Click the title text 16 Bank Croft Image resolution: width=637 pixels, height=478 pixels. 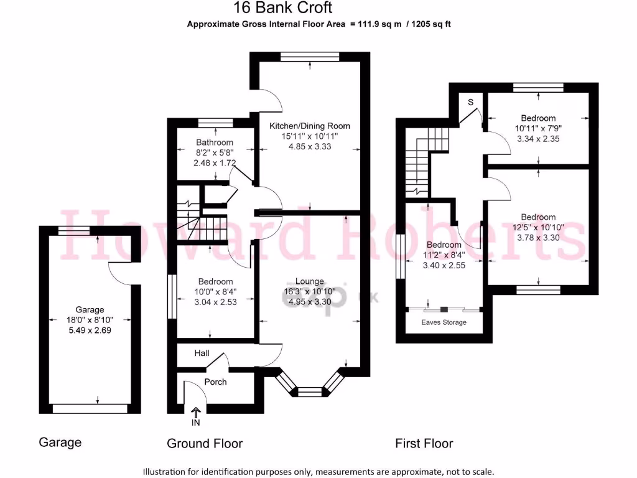click(282, 8)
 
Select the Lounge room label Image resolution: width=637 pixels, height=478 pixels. click(309, 281)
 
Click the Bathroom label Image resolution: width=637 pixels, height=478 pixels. click(215, 143)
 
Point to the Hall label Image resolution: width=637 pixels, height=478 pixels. click(202, 354)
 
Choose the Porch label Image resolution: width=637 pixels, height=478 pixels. click(215, 382)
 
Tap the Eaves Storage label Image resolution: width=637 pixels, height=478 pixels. click(444, 322)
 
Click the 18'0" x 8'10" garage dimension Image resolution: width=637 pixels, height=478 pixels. click(90, 320)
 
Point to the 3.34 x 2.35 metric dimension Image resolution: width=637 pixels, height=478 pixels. click(538, 139)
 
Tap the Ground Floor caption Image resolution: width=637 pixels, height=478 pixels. click(205, 443)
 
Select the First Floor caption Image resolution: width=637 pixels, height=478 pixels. click(424, 443)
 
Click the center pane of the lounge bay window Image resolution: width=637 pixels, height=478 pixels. click(309, 392)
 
